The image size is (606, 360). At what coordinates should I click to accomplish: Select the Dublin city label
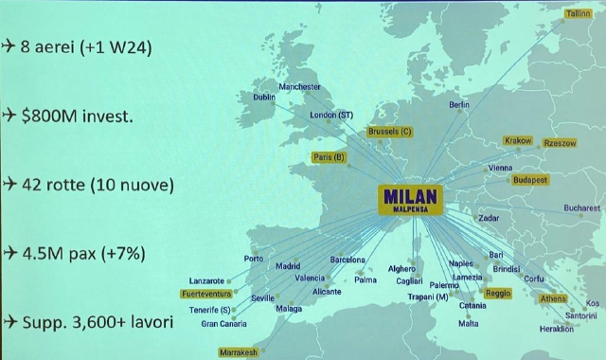264,97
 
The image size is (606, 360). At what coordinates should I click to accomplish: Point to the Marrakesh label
239,352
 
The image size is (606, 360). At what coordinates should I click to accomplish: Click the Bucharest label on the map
581,208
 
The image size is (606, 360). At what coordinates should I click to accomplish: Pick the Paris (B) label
329,157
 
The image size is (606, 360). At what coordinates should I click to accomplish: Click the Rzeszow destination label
559,143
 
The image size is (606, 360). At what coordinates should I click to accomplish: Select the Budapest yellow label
530,180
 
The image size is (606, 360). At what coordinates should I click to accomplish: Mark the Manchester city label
300,87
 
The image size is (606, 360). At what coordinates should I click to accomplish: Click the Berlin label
459,104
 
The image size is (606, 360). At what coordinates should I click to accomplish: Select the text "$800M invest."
80,116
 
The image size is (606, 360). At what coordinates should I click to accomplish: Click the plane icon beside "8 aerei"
9,45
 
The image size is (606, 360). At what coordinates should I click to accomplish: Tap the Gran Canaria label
223,324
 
